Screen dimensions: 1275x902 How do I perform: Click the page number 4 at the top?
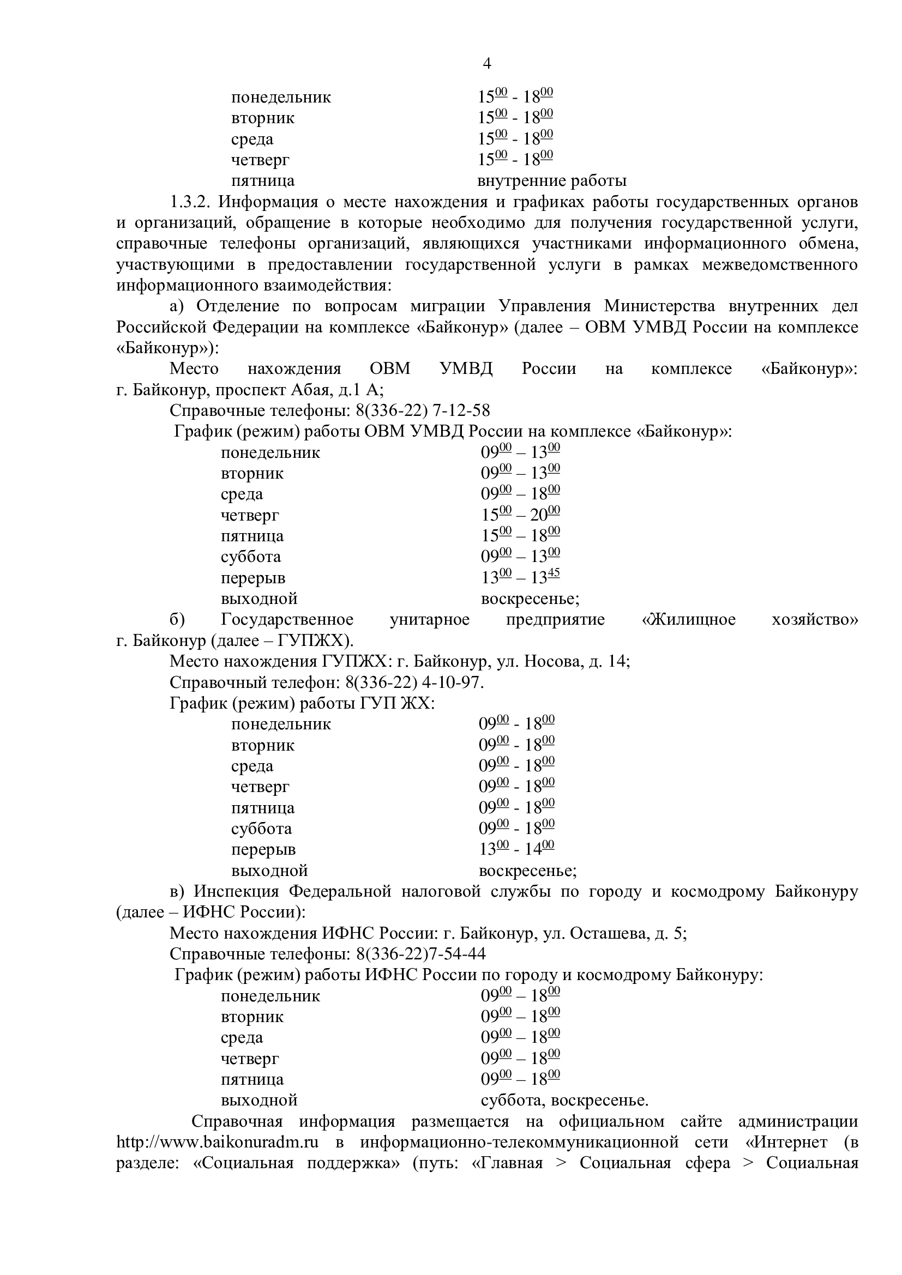coord(486,64)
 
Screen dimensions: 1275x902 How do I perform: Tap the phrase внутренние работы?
coord(551,181)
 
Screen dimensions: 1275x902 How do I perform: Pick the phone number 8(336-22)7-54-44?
coord(421,954)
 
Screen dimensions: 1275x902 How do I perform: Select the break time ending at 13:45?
coord(520,577)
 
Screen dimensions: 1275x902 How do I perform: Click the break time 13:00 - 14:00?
coord(516,850)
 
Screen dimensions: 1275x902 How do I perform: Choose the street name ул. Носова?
coord(536,662)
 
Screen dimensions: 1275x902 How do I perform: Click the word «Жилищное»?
coord(689,620)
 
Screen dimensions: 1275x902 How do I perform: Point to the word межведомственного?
coord(780,265)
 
